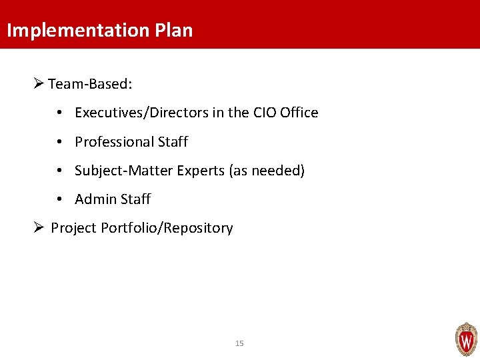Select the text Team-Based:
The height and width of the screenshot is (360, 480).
[91, 84]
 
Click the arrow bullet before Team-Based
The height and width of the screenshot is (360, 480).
[38, 83]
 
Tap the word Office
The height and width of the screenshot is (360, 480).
[299, 113]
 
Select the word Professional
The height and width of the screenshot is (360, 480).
[114, 142]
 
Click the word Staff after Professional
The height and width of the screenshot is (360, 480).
[173, 142]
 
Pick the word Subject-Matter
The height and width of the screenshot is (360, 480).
[124, 171]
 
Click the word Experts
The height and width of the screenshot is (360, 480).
[201, 171]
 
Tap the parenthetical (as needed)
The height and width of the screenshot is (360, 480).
[267, 171]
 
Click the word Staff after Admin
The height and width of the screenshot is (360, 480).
[134, 199]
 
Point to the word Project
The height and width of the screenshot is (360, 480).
[74, 228]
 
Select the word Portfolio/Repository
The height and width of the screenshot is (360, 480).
[167, 228]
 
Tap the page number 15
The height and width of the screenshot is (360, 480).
[240, 343]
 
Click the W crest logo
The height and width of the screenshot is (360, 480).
[466, 339]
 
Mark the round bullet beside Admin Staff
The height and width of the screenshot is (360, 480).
[60, 199]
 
